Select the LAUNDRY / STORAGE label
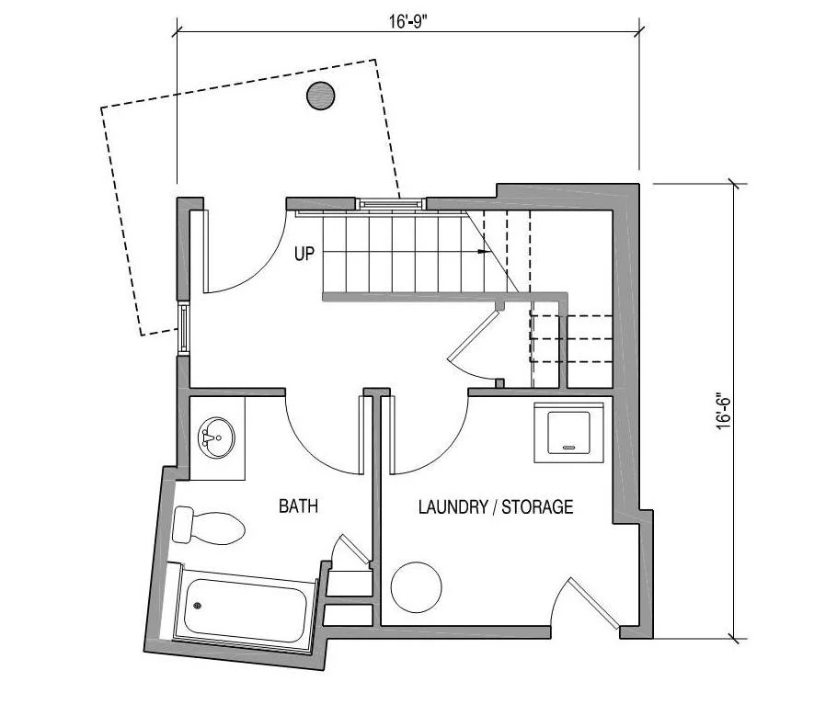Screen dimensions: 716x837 coord(496,506)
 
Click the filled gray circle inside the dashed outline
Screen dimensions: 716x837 coord(320,95)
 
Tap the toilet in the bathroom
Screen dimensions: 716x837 coord(210,526)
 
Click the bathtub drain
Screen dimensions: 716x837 coord(197,606)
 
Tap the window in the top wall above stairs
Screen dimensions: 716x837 coord(391,202)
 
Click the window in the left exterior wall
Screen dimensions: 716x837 coord(183,326)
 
